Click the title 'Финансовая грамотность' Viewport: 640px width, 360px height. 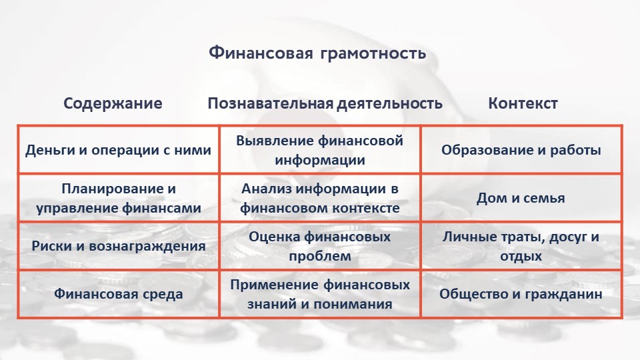click(x=317, y=53)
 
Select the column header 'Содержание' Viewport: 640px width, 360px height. click(x=113, y=103)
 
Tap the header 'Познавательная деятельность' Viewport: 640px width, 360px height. click(x=325, y=103)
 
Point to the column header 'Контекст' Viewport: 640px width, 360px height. click(x=523, y=103)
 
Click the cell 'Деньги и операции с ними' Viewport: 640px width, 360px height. click(x=119, y=150)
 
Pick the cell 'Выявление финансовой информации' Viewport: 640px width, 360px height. click(x=319, y=150)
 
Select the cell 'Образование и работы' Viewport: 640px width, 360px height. click(x=521, y=150)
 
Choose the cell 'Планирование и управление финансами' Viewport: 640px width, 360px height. click(x=119, y=199)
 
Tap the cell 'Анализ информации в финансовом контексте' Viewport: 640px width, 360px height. click(x=319, y=199)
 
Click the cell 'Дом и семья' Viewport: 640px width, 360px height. click(x=521, y=199)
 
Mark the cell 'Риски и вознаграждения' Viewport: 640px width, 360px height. click(x=119, y=246)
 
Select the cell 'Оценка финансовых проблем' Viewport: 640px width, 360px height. click(x=319, y=246)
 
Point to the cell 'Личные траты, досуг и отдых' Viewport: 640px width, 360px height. click(x=521, y=246)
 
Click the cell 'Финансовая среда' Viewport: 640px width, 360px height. click(x=119, y=294)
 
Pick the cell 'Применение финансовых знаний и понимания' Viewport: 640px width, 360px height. click(x=319, y=294)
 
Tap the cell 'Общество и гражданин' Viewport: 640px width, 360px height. click(x=521, y=294)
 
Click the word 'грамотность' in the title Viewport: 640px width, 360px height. click(x=373, y=54)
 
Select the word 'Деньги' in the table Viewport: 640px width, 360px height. click(x=50, y=150)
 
